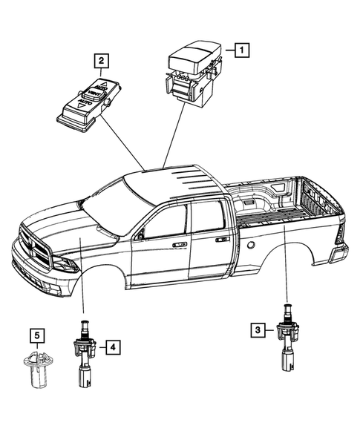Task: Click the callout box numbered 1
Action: point(241,50)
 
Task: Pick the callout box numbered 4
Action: point(110,346)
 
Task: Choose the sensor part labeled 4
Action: point(84,354)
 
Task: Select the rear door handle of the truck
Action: point(221,240)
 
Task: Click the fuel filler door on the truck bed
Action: point(252,245)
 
